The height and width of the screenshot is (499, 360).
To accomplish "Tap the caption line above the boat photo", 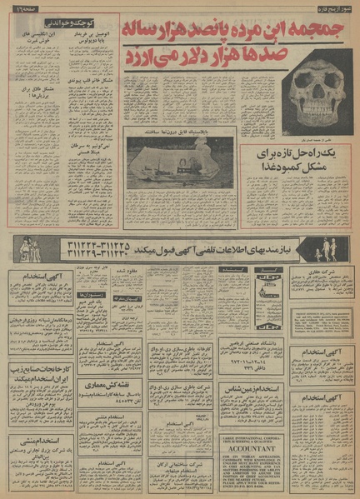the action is (x=182, y=131).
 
